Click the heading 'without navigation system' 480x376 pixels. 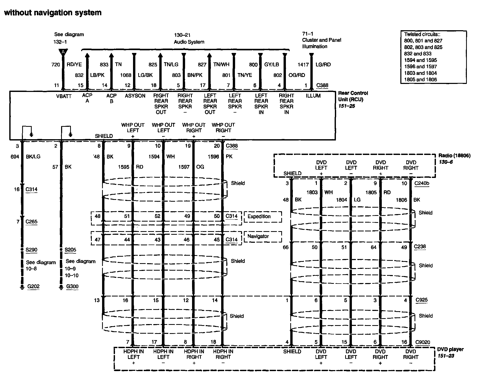coord(53,13)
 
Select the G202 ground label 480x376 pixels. coord(34,286)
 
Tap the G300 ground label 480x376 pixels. coord(72,286)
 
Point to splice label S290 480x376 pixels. coord(31,250)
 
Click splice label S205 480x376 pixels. coord(70,250)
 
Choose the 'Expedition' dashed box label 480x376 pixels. coord(259,216)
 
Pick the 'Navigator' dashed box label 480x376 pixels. coord(258,236)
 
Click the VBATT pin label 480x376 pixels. coord(64,96)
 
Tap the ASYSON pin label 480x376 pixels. coord(135,96)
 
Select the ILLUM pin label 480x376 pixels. coord(313,96)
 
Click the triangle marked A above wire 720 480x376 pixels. coord(63,52)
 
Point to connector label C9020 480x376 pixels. coord(423,342)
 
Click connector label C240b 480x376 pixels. coord(422,183)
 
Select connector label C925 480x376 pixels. coord(422,300)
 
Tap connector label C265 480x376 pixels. coord(31,222)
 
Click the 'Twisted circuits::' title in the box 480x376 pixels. coord(422,34)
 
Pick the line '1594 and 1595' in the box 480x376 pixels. coord(420,60)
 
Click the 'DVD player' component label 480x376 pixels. coord(450,349)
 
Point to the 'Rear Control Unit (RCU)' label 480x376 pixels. coord(353,96)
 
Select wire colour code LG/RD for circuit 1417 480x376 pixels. coord(323,65)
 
